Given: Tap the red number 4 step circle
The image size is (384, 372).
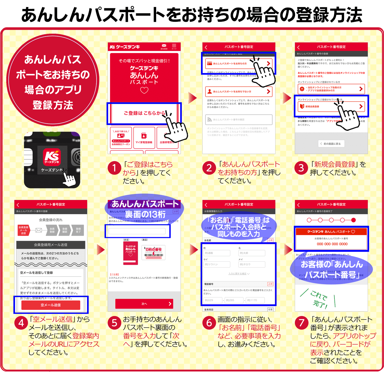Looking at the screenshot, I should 21,323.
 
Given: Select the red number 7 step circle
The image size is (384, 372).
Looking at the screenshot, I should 301,323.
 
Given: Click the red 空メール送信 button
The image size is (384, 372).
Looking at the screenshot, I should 51,305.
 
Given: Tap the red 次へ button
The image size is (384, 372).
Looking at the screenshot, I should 144,304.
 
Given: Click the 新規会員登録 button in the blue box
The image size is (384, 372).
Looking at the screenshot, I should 331,106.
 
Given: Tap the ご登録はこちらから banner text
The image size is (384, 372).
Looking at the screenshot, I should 144,113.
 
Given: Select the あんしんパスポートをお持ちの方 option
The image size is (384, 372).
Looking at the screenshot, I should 238,63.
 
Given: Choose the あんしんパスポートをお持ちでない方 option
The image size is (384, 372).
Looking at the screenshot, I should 238,92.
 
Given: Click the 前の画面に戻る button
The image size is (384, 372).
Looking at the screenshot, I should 331,144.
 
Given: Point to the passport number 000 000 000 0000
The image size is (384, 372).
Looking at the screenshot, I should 332,244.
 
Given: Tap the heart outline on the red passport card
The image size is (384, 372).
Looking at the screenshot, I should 144,90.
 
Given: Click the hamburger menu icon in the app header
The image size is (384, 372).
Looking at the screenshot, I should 174,46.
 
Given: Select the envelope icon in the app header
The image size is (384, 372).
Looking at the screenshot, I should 164,46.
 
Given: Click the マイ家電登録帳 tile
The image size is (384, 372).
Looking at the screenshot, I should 144,138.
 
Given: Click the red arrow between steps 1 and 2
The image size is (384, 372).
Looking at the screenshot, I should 192,98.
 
